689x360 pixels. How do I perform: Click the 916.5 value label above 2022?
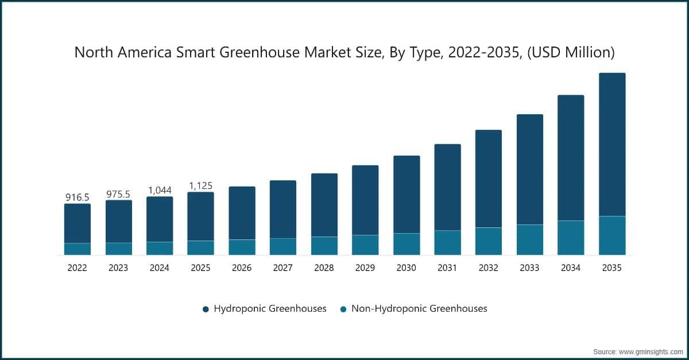[77, 198]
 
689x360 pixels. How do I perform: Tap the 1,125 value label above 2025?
[200, 185]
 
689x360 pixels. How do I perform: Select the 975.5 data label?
[118, 195]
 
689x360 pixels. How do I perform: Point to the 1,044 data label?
[160, 190]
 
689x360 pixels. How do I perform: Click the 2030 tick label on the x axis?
[406, 268]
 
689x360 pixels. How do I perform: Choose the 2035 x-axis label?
[611, 268]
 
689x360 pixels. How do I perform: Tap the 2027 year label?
[282, 268]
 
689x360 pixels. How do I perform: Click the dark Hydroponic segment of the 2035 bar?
[611, 144]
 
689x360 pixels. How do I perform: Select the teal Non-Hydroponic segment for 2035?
[611, 235]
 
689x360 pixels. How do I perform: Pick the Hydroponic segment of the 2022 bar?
[77, 223]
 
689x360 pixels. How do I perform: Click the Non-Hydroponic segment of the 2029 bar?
[365, 245]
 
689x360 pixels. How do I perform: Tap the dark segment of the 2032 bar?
[489, 179]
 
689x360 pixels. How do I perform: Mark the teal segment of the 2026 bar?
[242, 247]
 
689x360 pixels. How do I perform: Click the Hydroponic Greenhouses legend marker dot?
[206, 309]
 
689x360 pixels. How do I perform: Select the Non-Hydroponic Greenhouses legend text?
[419, 308]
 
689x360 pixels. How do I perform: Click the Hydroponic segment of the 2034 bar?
[571, 158]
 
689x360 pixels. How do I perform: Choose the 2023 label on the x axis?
[118, 268]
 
